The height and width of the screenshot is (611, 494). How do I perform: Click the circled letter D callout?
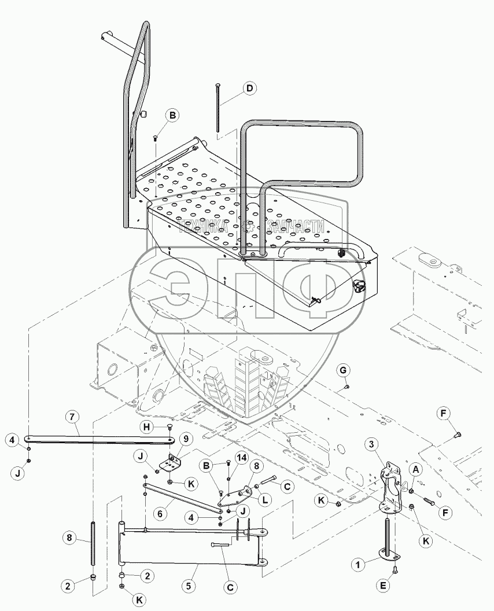click(x=249, y=89)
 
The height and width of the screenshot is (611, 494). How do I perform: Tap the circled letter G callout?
click(x=343, y=369)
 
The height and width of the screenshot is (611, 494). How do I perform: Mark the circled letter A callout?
click(x=415, y=471)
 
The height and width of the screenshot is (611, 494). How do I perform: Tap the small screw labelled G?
click(x=346, y=386)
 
